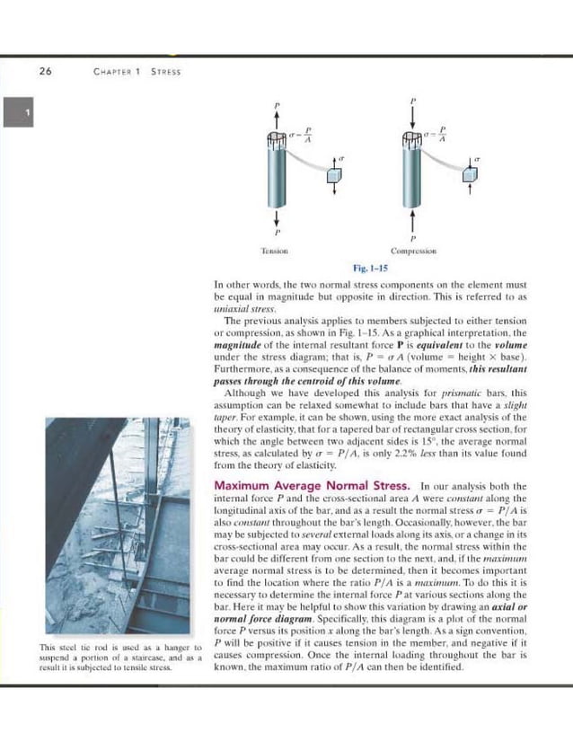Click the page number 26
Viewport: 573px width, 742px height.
(x=45, y=73)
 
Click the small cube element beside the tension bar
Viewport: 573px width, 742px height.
(x=335, y=175)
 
